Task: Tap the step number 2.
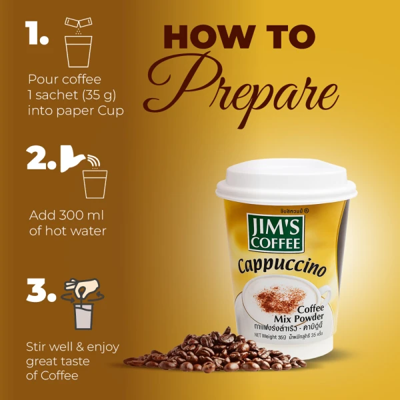pos(41,158)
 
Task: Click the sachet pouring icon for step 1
pos(77,25)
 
